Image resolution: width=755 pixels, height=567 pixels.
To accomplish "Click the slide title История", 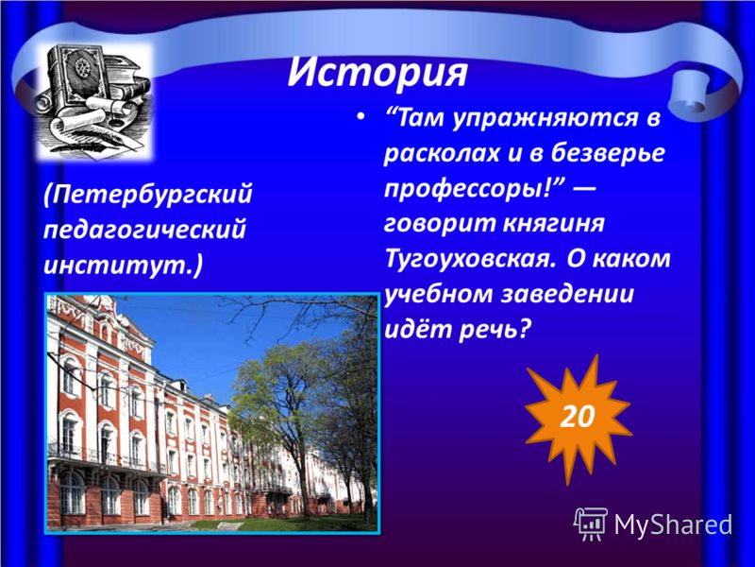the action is (377, 73).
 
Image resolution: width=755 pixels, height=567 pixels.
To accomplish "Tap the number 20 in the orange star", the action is (578, 416).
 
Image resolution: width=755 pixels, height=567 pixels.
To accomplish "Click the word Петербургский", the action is (147, 195).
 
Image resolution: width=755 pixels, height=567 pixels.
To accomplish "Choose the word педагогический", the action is (145, 230).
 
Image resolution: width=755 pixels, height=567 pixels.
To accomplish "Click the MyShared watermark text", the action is (673, 524).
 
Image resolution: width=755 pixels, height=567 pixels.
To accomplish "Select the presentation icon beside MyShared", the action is (591, 524).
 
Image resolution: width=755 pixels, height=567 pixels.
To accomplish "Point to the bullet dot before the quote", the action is (361, 118).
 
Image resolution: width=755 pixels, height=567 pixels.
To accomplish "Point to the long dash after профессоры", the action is (582, 187).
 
